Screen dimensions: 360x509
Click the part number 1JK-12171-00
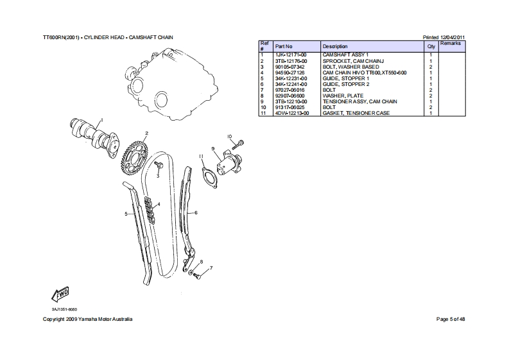[291, 56]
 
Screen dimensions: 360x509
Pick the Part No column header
[284, 47]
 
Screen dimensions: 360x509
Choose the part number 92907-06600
[290, 96]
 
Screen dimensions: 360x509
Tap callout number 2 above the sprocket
[146, 133]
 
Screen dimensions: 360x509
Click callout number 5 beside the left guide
[126, 214]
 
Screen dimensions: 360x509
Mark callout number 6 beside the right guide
[196, 212]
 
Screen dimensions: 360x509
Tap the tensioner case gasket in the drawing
[207, 176]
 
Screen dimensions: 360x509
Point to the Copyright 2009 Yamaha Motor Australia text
[87, 319]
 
